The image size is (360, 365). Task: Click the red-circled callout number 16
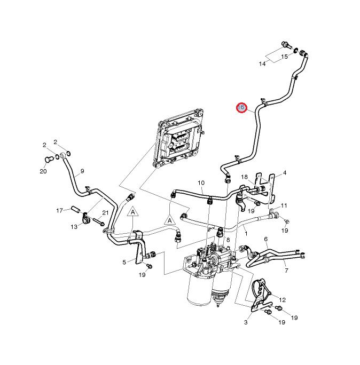point(241,108)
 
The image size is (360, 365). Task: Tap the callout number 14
point(262,64)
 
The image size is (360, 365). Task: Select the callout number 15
point(285,57)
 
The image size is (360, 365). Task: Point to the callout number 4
point(285,173)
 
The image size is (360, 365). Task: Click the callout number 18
point(244,177)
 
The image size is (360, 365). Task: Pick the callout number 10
point(201,183)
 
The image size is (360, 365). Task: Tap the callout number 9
point(83,172)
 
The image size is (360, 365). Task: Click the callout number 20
point(43,171)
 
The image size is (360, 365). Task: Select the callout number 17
point(60,210)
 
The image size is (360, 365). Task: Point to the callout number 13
point(74,227)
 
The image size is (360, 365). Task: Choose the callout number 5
point(124,262)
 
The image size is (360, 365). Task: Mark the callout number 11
point(285,205)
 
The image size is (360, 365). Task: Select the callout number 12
point(283,300)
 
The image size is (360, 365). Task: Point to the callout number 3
point(246,322)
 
